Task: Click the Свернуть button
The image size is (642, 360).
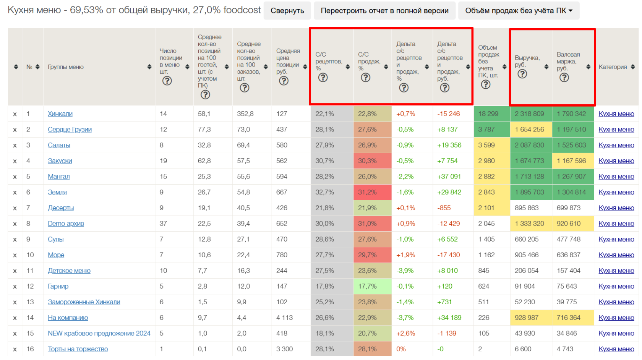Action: click(287, 11)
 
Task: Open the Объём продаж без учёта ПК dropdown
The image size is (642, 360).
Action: click(519, 11)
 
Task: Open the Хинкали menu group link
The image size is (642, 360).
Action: click(60, 114)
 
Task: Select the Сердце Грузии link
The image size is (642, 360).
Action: click(70, 130)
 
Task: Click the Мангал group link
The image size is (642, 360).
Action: click(58, 177)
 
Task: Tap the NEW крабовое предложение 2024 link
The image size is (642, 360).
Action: click(99, 333)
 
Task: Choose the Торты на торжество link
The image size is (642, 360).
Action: click(78, 349)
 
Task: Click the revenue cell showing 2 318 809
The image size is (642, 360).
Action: click(529, 114)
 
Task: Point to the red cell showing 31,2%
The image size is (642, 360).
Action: click(367, 192)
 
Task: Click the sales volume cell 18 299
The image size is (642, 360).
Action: click(488, 114)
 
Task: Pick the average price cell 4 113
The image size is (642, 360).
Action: click(284, 318)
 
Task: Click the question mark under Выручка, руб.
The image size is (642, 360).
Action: click(522, 74)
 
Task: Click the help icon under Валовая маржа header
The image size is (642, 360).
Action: click(564, 78)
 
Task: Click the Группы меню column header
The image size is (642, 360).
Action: click(66, 67)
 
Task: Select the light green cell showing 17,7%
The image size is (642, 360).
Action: click(367, 286)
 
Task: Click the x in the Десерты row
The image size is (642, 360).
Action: click(15, 208)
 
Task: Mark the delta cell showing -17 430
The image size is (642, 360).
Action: click(449, 255)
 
